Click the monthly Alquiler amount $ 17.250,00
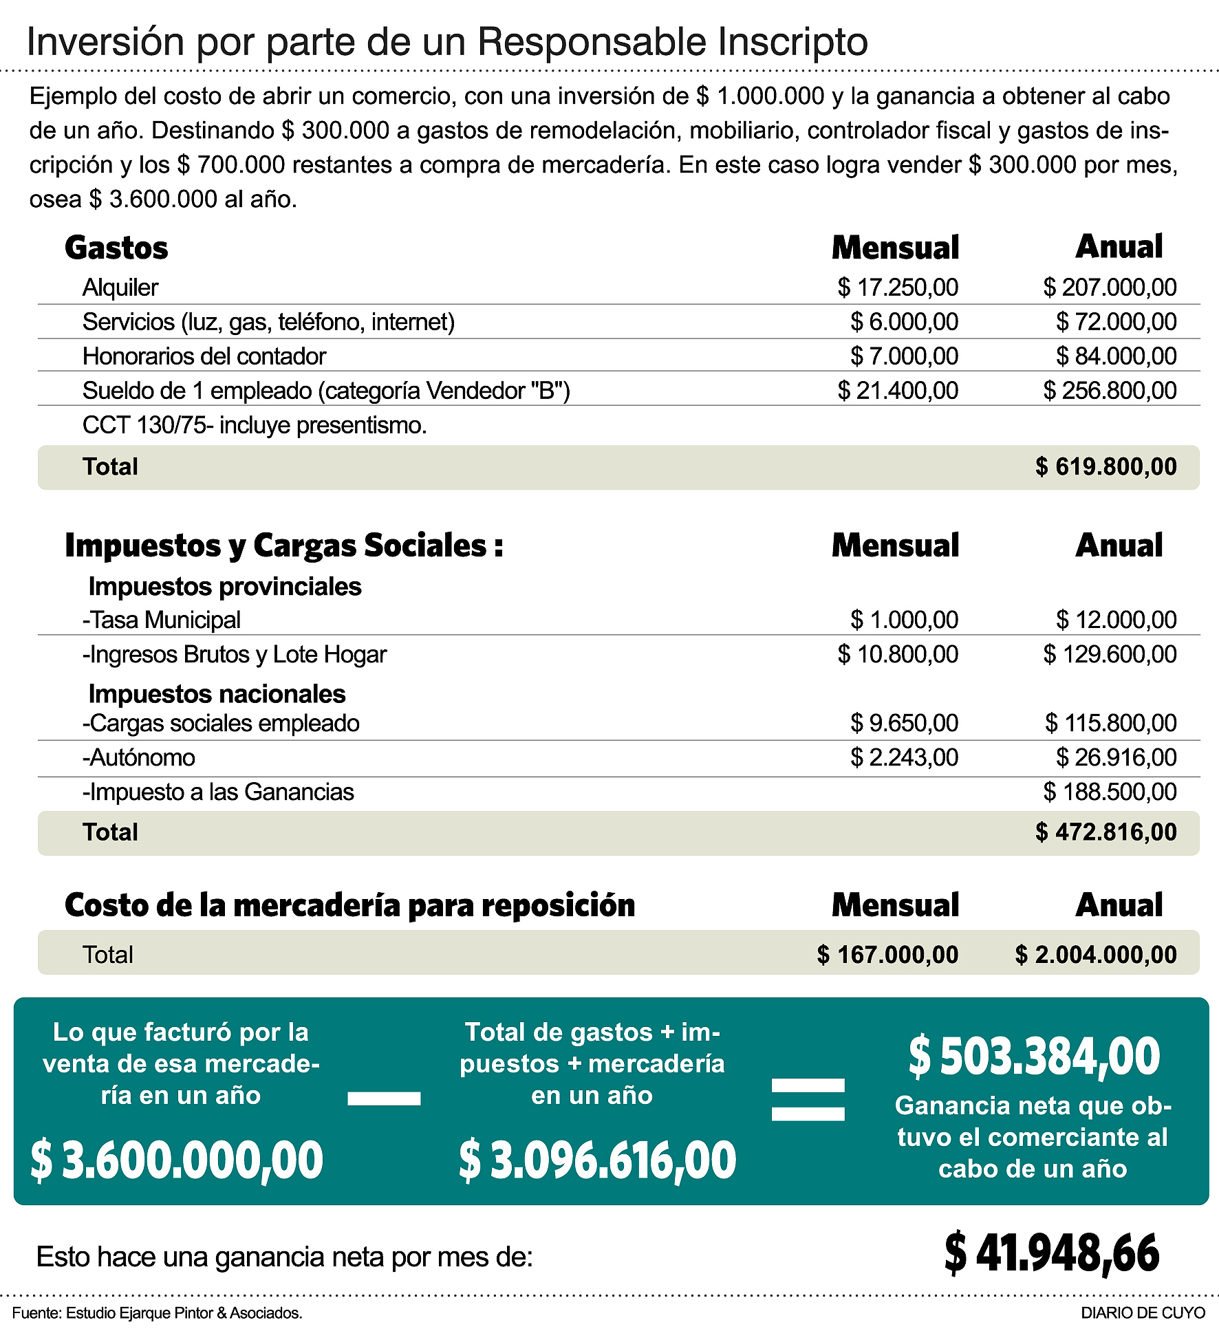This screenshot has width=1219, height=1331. (x=897, y=288)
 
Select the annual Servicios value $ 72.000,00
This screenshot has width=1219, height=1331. (x=1116, y=322)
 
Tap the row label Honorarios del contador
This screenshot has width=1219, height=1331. (x=204, y=356)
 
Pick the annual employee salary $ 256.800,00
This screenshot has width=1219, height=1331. (x=1109, y=391)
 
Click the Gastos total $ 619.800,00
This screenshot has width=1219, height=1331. (x=1105, y=467)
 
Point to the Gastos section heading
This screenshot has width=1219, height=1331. (x=116, y=248)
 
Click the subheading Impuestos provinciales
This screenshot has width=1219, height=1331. (x=225, y=587)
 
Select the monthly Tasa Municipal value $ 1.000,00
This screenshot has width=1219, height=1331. (x=904, y=620)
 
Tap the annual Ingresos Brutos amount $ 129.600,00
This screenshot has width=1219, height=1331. (x=1109, y=654)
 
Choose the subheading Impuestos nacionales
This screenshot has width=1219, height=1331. (x=217, y=694)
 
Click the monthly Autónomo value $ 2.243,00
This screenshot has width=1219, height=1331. (x=904, y=757)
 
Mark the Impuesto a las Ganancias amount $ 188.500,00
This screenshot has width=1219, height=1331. (x=1109, y=792)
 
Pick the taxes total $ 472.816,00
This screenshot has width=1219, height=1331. (x=1105, y=832)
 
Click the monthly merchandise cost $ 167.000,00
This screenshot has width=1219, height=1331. (x=887, y=955)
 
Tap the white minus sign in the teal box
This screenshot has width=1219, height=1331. (x=384, y=1099)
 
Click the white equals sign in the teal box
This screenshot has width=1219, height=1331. (x=808, y=1099)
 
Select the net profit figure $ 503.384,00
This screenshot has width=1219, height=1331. (x=1033, y=1057)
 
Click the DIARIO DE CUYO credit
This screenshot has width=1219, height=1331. (x=1143, y=1312)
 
